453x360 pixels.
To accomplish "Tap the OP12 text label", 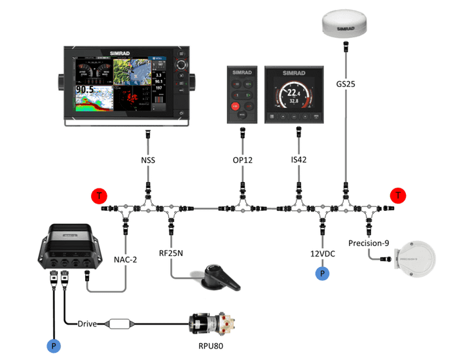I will point(242,160).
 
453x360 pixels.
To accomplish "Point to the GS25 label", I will point(346,85).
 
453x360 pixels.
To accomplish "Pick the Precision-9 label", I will point(369,243).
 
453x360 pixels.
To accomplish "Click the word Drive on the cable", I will point(88,324).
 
